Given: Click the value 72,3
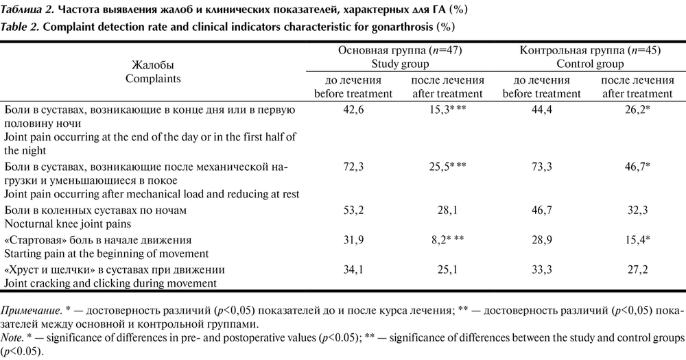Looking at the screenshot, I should coord(353,167).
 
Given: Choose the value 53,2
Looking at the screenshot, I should coord(353,210).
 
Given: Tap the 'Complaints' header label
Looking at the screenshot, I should coord(153,78).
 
